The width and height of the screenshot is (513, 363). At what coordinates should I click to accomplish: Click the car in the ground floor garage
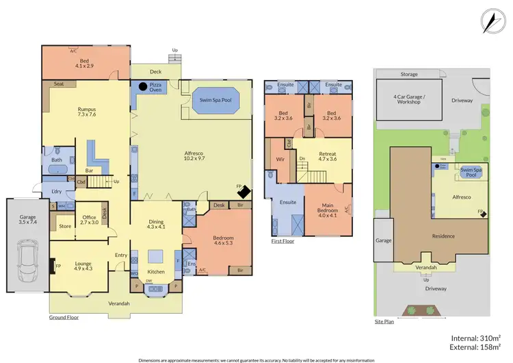(x=27, y=255)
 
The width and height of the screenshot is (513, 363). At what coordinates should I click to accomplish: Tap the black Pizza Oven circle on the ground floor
(x=142, y=87)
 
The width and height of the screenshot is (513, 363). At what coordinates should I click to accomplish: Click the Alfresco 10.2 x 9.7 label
(x=197, y=157)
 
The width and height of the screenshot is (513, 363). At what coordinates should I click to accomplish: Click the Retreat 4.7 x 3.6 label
(x=324, y=156)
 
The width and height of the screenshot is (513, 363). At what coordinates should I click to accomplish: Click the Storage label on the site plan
(x=409, y=74)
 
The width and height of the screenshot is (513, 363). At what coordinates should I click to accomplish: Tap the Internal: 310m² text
(x=476, y=338)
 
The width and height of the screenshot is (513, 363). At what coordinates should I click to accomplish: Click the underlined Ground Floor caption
(x=64, y=318)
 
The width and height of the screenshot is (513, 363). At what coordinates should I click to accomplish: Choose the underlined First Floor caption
(x=284, y=242)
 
